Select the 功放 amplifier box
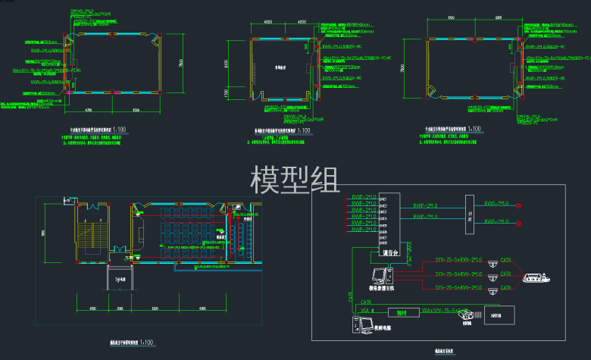click(x=470, y=214)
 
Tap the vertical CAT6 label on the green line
click(x=351, y=299)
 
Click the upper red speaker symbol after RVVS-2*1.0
click(x=520, y=205)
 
